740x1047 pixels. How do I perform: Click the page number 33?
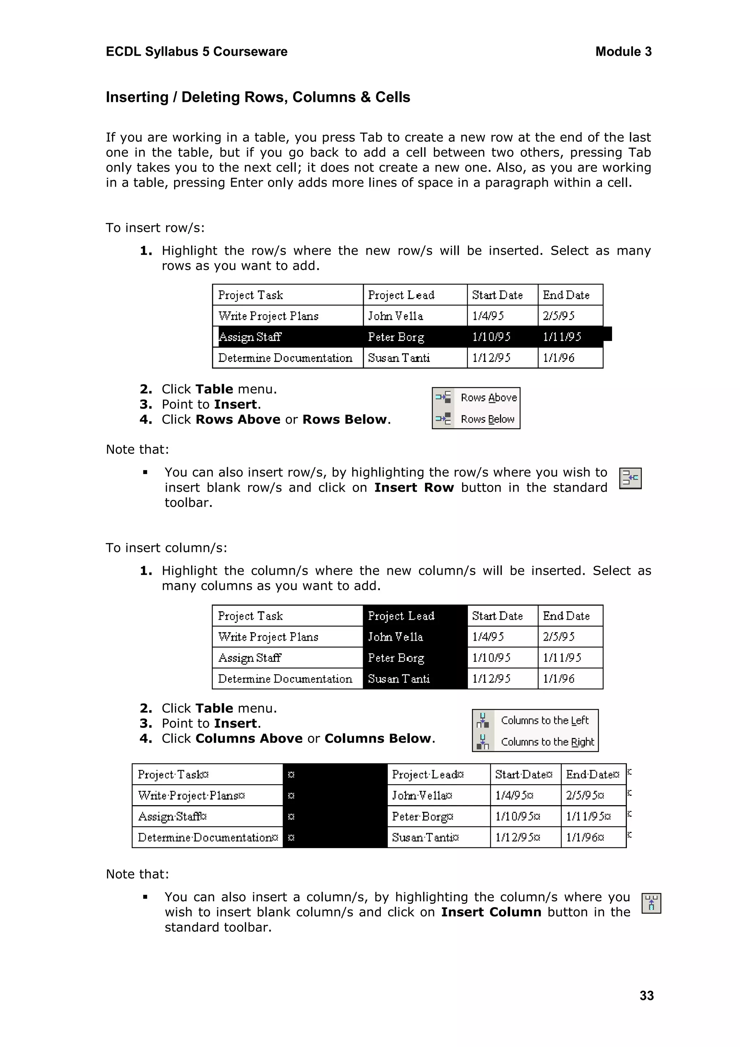[x=646, y=995]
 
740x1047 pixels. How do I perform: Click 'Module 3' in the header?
[x=623, y=52]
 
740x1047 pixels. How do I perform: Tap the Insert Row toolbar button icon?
[x=630, y=478]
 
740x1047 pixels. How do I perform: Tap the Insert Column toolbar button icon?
[x=651, y=903]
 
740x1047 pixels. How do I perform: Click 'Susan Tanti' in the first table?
[x=399, y=358]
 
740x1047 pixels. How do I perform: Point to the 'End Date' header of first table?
[x=566, y=295]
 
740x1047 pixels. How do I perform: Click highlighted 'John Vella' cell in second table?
[x=396, y=637]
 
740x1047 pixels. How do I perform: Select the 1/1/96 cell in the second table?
[x=559, y=679]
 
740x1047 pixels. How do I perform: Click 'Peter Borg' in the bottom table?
[x=422, y=816]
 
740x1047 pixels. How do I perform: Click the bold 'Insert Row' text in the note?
[x=414, y=487]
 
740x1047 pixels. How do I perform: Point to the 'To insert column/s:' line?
[x=166, y=548]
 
